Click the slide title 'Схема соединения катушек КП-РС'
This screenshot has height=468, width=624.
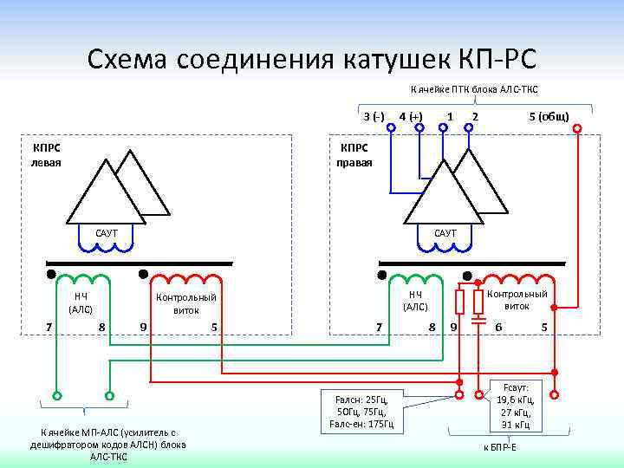(x=312, y=58)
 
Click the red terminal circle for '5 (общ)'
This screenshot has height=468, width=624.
(x=577, y=129)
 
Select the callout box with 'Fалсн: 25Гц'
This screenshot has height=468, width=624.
(x=363, y=411)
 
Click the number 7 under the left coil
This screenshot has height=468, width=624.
(x=49, y=326)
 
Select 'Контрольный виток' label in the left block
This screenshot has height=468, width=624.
(x=185, y=303)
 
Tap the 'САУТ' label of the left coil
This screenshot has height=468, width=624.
(x=107, y=233)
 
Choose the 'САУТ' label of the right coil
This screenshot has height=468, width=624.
(x=445, y=233)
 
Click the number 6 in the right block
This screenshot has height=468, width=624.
(x=498, y=327)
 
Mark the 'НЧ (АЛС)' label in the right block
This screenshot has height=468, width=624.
(x=415, y=300)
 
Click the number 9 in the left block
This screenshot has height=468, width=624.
(x=142, y=327)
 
